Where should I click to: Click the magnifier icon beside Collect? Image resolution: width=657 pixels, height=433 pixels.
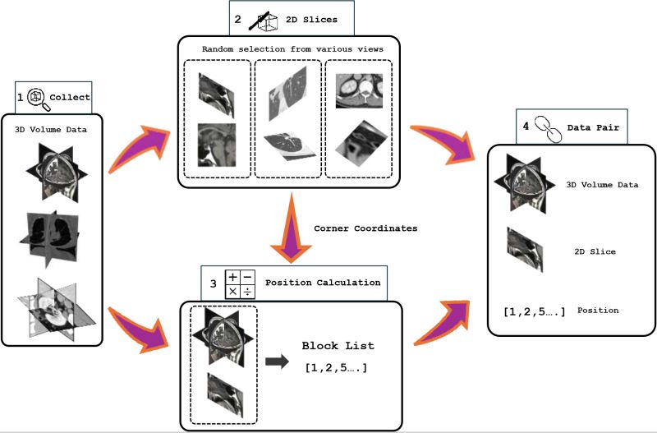(x=36, y=97)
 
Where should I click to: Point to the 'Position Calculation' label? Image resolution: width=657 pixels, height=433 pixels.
(x=323, y=283)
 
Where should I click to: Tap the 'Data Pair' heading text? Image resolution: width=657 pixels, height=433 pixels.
(x=588, y=128)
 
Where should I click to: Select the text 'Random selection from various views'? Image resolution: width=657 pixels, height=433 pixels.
(x=292, y=48)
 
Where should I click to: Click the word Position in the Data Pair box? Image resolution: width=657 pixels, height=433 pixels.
(x=597, y=311)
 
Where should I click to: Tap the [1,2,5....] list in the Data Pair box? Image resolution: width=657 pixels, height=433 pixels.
(x=534, y=311)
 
